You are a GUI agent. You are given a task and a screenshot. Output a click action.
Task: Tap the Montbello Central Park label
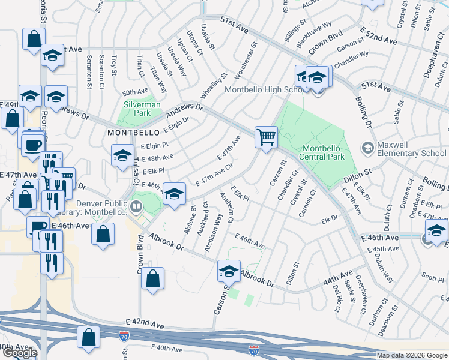pos(324,152)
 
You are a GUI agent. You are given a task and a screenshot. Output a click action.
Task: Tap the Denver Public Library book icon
pos(136,207)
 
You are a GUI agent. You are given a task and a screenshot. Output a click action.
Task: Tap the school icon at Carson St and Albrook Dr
pos(229,271)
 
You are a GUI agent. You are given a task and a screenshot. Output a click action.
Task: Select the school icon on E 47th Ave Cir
pos(174,194)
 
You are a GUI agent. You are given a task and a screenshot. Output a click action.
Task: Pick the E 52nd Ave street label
pos(379,40)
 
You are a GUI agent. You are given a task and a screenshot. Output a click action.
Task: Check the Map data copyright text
pos(412,355)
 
